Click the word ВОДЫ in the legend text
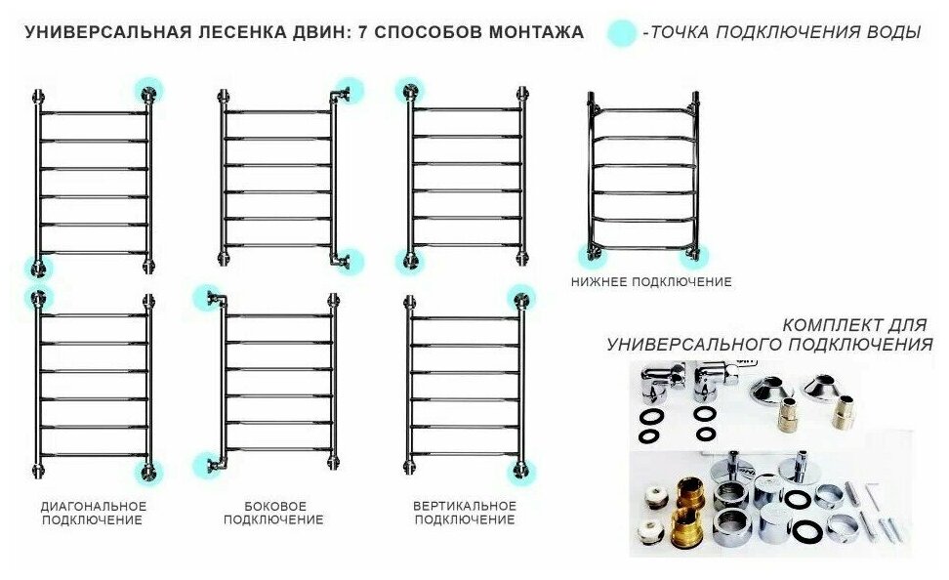pyautogui.click(x=892, y=32)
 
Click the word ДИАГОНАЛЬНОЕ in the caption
pyautogui.click(x=94, y=506)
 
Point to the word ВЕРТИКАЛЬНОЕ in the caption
pyautogui.click(x=465, y=506)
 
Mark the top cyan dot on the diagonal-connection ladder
pyautogui.click(x=39, y=297)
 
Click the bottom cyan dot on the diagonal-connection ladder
pyautogui.click(x=149, y=472)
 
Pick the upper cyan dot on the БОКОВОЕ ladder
pyautogui.click(x=207, y=297)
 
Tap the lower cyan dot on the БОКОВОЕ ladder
pyautogui.click(x=207, y=466)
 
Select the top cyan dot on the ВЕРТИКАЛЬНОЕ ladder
pyautogui.click(x=521, y=297)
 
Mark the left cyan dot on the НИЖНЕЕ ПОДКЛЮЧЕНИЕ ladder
pyautogui.click(x=590, y=256)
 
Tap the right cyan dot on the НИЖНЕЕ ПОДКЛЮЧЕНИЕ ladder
pyautogui.click(x=695, y=256)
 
